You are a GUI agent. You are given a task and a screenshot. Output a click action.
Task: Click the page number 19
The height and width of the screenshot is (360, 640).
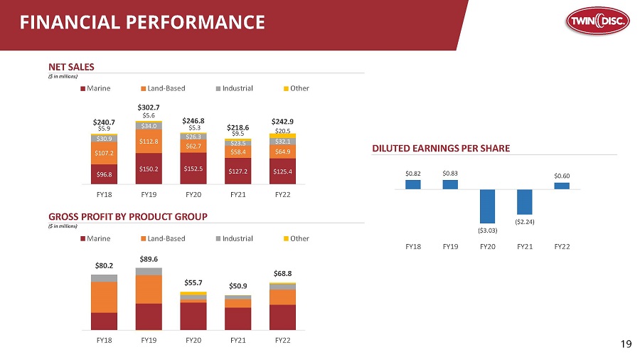click(x=626, y=344)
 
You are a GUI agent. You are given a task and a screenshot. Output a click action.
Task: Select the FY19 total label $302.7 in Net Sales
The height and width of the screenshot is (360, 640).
click(x=149, y=107)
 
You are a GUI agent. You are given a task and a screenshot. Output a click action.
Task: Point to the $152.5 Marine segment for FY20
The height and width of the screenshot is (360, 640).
click(x=193, y=169)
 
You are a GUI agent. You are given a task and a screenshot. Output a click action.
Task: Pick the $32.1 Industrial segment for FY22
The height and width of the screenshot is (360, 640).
click(x=282, y=142)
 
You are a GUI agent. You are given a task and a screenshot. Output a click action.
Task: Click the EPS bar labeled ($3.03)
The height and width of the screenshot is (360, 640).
click(x=487, y=206)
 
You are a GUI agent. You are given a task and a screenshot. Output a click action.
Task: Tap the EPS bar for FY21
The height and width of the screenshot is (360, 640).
click(x=525, y=202)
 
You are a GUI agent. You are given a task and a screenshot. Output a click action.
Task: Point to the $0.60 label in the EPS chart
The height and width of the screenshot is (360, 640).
click(x=562, y=175)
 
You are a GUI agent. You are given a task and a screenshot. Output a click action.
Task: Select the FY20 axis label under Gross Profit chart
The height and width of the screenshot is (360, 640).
click(x=193, y=339)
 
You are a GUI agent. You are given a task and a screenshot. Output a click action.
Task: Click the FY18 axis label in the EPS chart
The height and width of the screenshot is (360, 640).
click(x=413, y=246)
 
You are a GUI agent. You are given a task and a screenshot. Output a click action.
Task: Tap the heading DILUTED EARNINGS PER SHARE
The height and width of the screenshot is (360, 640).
click(x=442, y=148)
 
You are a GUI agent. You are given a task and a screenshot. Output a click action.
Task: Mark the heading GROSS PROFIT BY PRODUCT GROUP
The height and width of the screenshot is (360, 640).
click(x=149, y=216)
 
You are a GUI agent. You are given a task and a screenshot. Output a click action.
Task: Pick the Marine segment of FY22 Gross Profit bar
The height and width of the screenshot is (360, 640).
click(x=282, y=317)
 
